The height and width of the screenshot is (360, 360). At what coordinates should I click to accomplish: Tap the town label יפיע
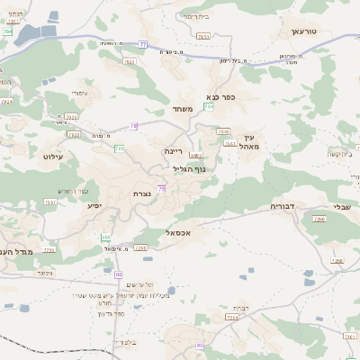pyautogui.click(x=94, y=205)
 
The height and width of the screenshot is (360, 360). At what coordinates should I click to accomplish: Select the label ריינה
pyautogui.click(x=174, y=151)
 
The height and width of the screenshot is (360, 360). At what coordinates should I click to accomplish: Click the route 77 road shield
pyautogui.click(x=143, y=43)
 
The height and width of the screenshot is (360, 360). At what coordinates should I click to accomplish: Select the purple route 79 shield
pyautogui.click(x=133, y=126)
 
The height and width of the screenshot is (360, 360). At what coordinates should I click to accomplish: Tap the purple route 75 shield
pyautogui.click(x=161, y=187)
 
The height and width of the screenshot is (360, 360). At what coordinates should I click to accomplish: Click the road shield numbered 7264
pyautogui.click(x=231, y=318)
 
